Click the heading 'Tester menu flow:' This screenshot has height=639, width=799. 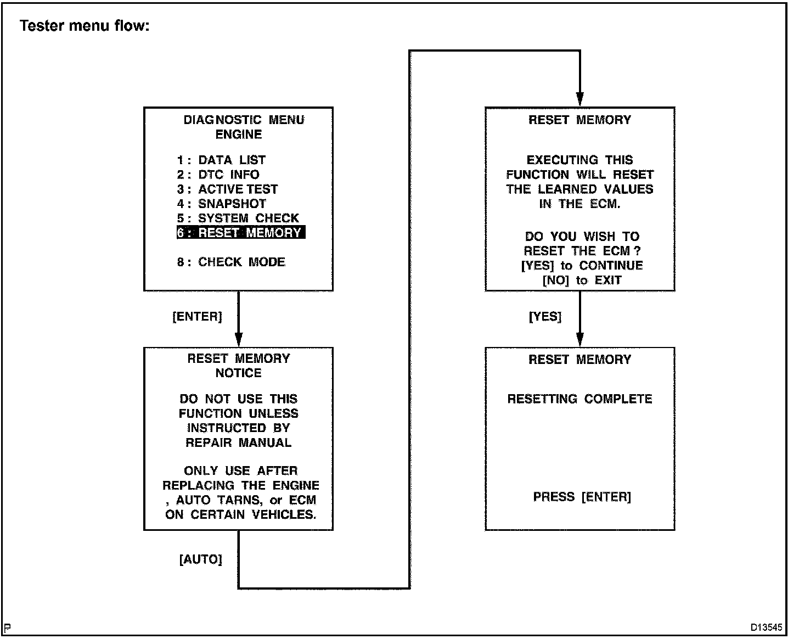85,26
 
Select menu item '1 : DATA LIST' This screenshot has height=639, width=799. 221,160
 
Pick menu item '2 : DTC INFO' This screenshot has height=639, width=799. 218,175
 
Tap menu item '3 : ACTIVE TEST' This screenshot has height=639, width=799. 227,189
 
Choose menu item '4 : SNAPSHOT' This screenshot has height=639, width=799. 221,204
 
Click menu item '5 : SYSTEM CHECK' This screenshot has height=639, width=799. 238,218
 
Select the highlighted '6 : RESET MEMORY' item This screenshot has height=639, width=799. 240,233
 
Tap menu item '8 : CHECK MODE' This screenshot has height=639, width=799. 231,262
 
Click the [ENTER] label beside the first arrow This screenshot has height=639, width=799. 197,317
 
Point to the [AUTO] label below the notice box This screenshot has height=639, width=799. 200,559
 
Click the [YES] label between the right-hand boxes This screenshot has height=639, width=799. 545,317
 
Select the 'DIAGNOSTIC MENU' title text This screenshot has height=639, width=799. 244,120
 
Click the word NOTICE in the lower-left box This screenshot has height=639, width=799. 238,373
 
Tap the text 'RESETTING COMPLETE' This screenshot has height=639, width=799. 579,399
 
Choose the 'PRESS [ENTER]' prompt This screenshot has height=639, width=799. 582,497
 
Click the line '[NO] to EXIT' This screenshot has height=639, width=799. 582,281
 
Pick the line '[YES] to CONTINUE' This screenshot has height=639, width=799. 582,266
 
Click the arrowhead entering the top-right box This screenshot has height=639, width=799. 580,100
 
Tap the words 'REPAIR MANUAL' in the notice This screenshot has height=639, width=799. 238,443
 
